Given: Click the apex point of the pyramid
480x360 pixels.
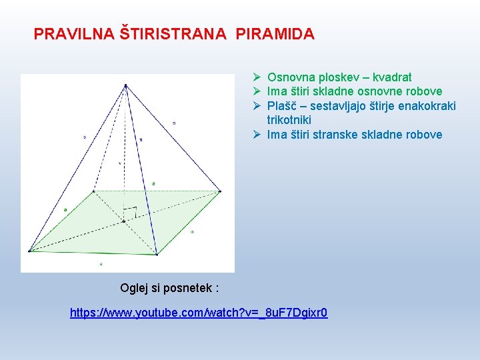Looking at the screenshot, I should pyautogui.click(x=125, y=85).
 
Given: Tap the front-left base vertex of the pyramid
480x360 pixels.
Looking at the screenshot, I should pyautogui.click(x=30, y=251).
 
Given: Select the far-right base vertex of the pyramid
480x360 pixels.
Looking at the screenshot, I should pyautogui.click(x=220, y=191).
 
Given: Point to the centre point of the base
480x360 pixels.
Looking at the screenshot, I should pyautogui.click(x=123, y=221).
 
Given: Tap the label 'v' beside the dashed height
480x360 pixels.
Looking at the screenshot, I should pyautogui.click(x=119, y=161).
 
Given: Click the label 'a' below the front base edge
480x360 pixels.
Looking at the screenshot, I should pyautogui.click(x=101, y=265).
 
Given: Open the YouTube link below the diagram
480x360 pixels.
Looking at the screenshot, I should pyautogui.click(x=199, y=313).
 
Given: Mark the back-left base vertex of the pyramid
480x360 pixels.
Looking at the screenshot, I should pyautogui.click(x=93, y=191).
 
